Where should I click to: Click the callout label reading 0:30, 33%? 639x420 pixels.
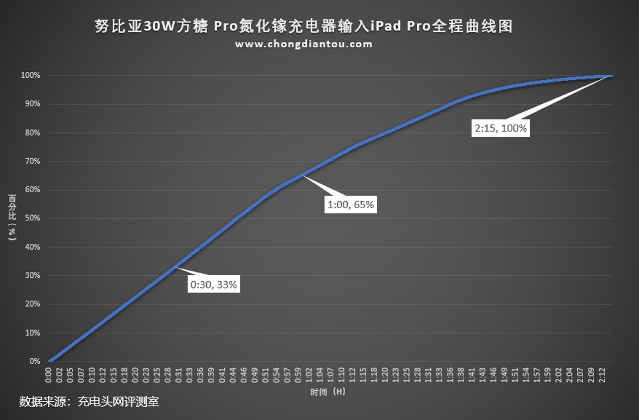pyautogui.click(x=214, y=285)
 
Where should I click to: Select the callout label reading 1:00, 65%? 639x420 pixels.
pyautogui.click(x=350, y=204)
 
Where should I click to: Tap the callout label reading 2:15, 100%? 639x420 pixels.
pyautogui.click(x=501, y=128)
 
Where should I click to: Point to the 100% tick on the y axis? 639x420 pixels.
pyautogui.click(x=30, y=76)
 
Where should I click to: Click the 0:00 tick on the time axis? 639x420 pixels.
pyautogui.click(x=48, y=374)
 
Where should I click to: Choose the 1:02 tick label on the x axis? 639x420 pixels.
pyautogui.click(x=309, y=374)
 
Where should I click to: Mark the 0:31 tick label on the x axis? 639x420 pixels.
pyautogui.click(x=179, y=374)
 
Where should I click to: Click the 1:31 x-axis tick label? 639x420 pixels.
pyautogui.click(x=428, y=374)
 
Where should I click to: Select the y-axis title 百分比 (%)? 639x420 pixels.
pyautogui.click(x=12, y=218)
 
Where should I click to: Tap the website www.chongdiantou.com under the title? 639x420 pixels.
pyautogui.click(x=304, y=44)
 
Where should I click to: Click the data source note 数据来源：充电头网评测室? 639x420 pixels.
pyautogui.click(x=89, y=401)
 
